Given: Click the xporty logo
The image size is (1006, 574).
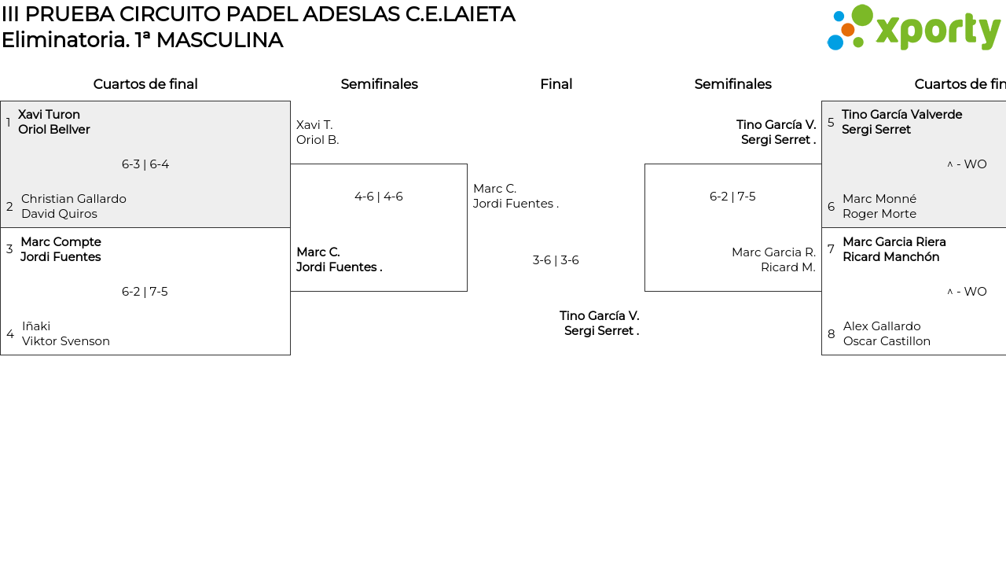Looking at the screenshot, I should click(x=913, y=28).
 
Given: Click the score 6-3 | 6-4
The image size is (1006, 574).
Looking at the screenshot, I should click(x=145, y=164).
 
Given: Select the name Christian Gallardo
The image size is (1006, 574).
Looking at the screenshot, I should click(x=74, y=199).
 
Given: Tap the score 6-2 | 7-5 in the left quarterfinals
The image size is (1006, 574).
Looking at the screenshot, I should click(x=145, y=292).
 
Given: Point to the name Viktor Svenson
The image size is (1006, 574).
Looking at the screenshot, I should click(x=66, y=341).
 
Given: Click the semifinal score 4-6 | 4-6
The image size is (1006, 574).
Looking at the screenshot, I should click(x=379, y=197).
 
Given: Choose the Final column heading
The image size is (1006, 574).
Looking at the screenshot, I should click(x=556, y=84).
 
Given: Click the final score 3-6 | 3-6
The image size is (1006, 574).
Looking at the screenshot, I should click(x=556, y=260).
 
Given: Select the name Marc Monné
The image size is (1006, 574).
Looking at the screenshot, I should click(x=879, y=199).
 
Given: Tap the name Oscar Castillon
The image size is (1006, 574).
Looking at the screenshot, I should click(x=887, y=341).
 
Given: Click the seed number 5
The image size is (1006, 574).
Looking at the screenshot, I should click(x=831, y=123).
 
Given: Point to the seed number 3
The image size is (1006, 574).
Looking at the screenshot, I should click(x=9, y=249).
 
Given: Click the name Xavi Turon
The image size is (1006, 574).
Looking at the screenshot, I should click(x=49, y=115).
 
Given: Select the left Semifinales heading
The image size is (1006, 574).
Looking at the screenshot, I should click(x=379, y=84).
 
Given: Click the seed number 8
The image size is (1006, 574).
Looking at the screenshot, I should click(x=832, y=334).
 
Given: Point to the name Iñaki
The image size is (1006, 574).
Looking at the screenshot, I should click(x=36, y=326).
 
